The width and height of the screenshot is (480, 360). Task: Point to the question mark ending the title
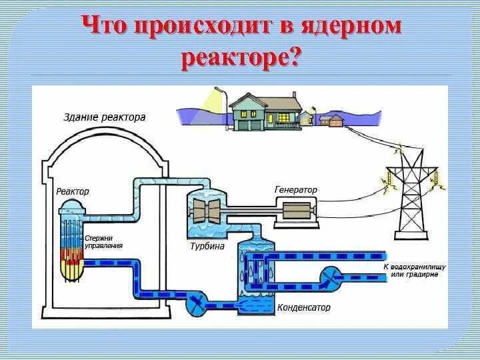pyautogui.click(x=294, y=58)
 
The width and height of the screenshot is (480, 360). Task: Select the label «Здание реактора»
pyautogui.click(x=104, y=117)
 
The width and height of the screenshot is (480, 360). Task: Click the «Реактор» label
pyautogui.click(x=73, y=191)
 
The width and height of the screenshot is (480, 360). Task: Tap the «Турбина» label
pyautogui.click(x=208, y=246)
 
